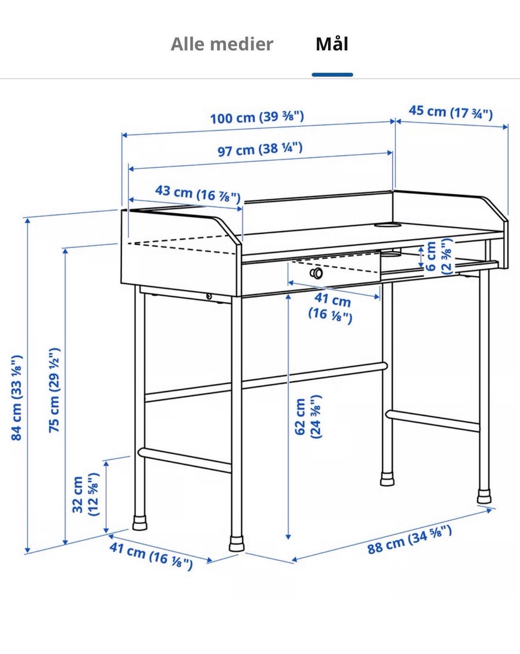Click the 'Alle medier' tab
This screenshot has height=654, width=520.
pos(222,44)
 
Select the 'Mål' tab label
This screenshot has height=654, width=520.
pos(331,44)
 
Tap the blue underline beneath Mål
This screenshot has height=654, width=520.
pos(332,75)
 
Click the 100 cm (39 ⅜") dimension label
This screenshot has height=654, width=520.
pos(257,117)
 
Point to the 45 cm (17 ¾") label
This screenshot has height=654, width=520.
pos(450,113)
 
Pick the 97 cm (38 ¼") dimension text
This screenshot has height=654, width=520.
pos(260,149)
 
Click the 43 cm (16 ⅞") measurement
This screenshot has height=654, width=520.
pos(198,194)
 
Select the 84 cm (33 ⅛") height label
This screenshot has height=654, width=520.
pos(16,397)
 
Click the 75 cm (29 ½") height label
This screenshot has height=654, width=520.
pos(54,390)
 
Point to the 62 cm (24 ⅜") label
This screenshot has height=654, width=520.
pos(308,417)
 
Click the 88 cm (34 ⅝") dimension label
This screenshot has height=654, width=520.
pos(409,539)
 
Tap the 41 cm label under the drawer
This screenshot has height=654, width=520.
pos(331,308)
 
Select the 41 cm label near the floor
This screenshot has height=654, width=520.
pos(151,556)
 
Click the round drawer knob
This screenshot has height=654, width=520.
pos(316,273)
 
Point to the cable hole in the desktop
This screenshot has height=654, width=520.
pos(387,225)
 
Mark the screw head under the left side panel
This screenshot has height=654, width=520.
pos(209,296)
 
